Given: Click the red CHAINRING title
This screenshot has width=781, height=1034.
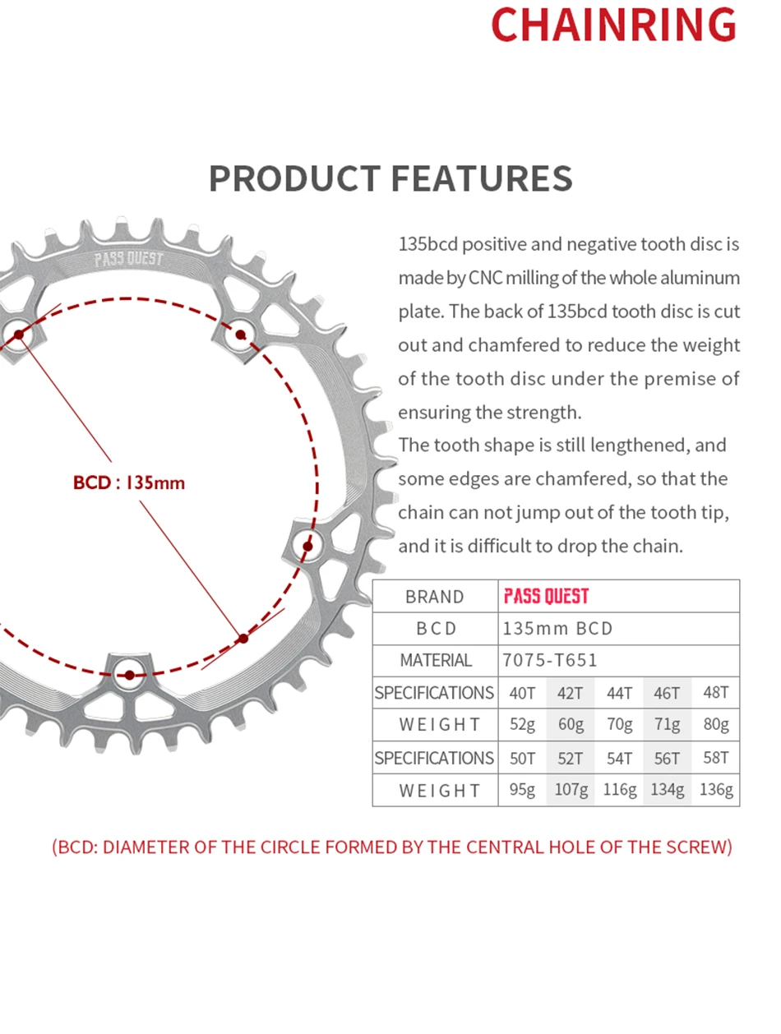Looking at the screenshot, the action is (x=613, y=25).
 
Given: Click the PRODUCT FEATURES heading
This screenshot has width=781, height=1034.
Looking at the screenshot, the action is (x=390, y=178).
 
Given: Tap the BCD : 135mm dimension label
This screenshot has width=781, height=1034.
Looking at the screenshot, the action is (x=129, y=482).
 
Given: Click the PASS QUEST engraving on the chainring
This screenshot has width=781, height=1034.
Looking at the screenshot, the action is (x=129, y=260).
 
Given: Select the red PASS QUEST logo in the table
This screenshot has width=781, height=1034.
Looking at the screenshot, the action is (x=546, y=597).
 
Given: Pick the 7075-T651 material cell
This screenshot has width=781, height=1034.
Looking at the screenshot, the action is (x=550, y=661).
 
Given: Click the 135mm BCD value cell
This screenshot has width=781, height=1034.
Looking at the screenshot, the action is (x=558, y=629).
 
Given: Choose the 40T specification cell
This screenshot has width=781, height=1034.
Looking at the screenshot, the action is (x=522, y=693).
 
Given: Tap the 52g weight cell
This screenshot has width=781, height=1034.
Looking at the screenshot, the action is (x=522, y=725).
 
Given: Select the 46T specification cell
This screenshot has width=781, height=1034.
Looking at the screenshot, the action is (x=667, y=693).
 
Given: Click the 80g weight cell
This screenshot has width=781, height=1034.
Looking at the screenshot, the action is (x=716, y=725).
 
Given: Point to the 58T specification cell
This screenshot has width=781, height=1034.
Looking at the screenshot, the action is (x=716, y=758).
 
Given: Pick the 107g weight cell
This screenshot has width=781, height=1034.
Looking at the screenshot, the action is (x=571, y=790).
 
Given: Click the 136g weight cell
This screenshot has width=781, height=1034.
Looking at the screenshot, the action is (x=716, y=790).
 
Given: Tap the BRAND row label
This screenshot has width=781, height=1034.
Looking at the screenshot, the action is (x=435, y=597).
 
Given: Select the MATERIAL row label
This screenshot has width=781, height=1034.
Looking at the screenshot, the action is (x=435, y=661).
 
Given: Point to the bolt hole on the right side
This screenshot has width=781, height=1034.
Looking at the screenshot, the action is (x=308, y=545).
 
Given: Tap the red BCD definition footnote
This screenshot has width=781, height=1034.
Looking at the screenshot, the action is (x=390, y=847).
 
